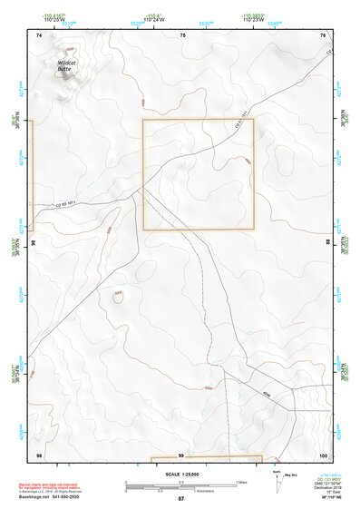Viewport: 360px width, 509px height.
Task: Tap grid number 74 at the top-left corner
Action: tap(38, 34)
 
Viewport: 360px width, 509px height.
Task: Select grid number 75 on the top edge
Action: tap(181, 34)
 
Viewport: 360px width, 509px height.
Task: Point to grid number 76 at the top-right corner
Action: tap(323, 34)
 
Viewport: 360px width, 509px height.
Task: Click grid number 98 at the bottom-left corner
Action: tap(38, 454)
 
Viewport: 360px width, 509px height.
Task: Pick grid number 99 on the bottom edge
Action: tap(181, 455)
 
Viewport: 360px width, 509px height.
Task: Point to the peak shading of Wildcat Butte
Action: tap(67, 50)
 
